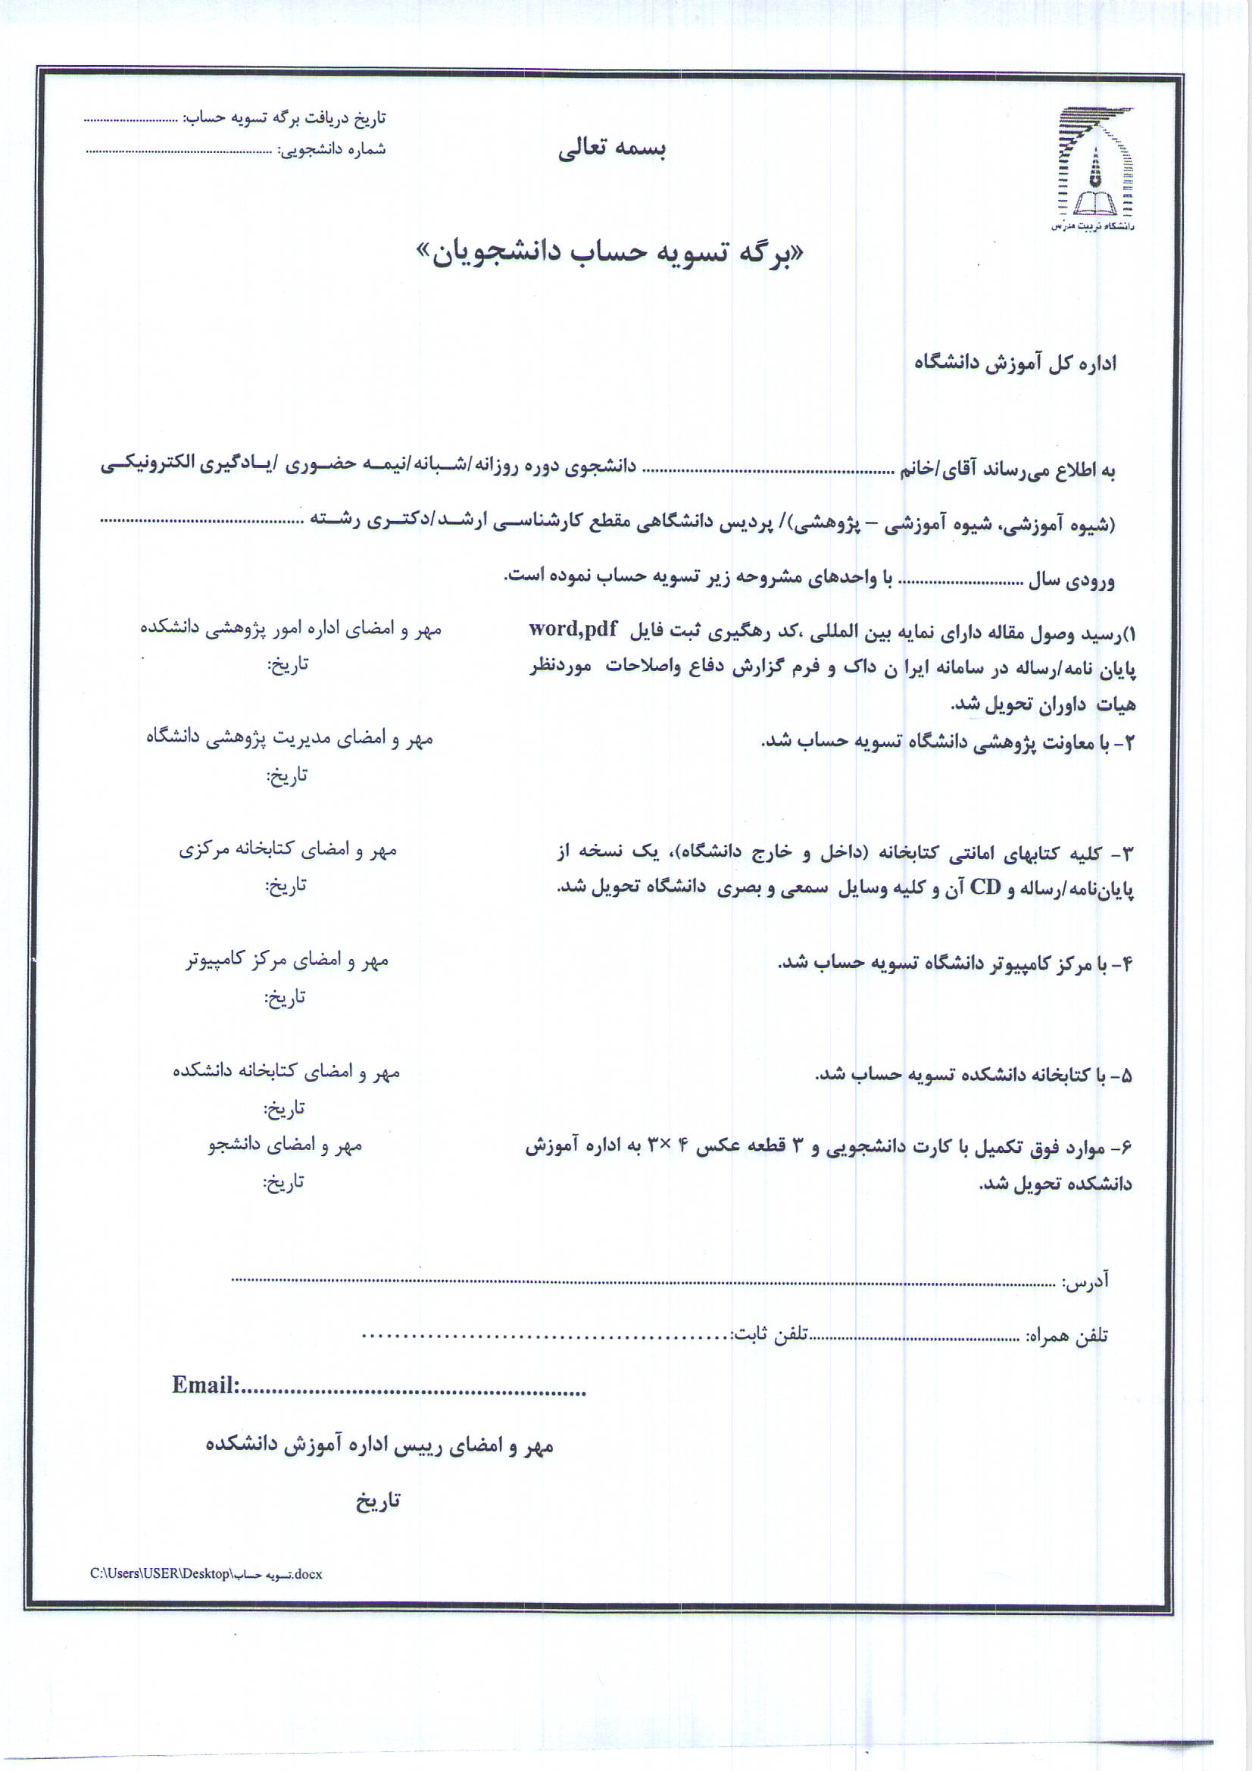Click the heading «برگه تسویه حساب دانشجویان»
click(610, 253)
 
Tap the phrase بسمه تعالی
click(612, 148)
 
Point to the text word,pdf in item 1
click(573, 629)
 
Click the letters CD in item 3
click(985, 888)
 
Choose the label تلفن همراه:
click(1066, 1335)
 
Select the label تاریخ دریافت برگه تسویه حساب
click(283, 118)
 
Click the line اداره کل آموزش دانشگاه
click(1015, 364)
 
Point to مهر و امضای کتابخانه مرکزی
click(288, 850)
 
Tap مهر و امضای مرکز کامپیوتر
click(287, 961)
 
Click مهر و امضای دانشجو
click(285, 1145)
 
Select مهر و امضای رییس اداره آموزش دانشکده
click(379, 1446)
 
